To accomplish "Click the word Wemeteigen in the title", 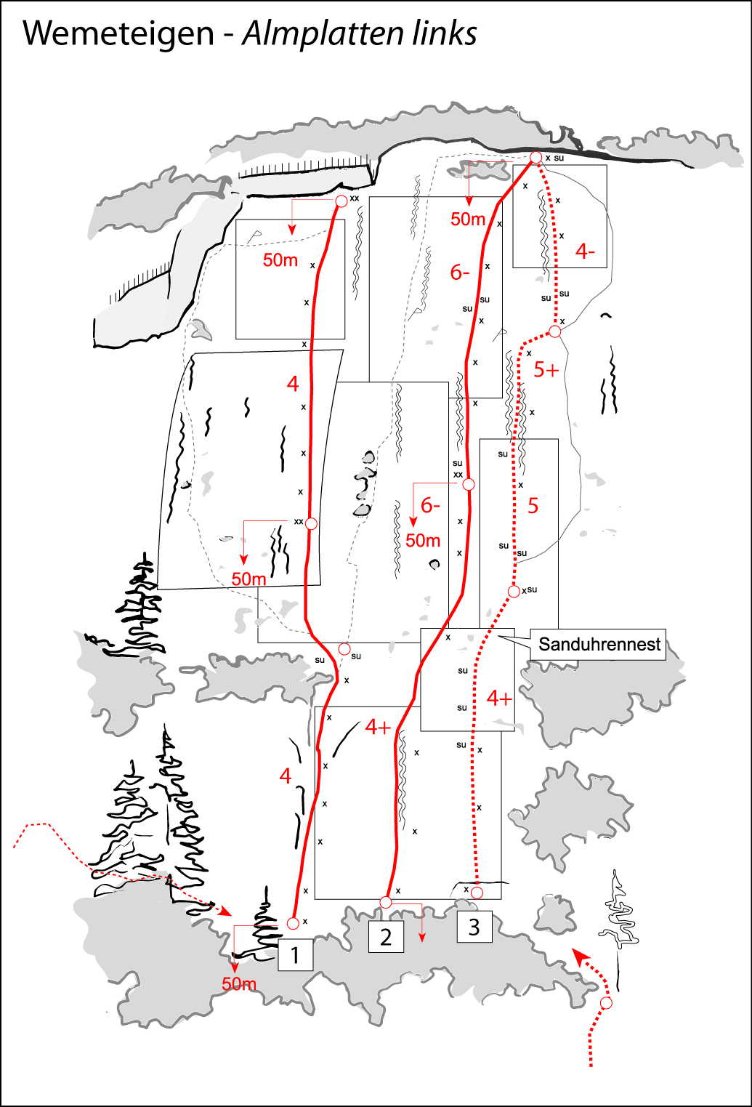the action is [118, 33].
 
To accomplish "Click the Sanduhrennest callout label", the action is [599, 645].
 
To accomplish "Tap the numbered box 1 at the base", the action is [295, 955].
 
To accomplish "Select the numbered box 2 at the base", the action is [386, 937].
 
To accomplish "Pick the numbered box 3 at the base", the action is [474, 927].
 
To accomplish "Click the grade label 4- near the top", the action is [584, 251].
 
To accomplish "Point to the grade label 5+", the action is [546, 370].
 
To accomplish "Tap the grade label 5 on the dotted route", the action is [533, 506].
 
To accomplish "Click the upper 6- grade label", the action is [459, 273].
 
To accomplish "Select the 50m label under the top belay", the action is [468, 219].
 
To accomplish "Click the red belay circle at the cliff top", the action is [536, 158].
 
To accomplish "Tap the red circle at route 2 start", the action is [385, 903].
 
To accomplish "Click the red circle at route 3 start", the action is [477, 893].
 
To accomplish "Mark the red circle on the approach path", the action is [606, 1004].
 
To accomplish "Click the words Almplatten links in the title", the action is [359, 33].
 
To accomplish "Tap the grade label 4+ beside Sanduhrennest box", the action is [499, 699].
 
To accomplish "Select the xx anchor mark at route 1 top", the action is [355, 198].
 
